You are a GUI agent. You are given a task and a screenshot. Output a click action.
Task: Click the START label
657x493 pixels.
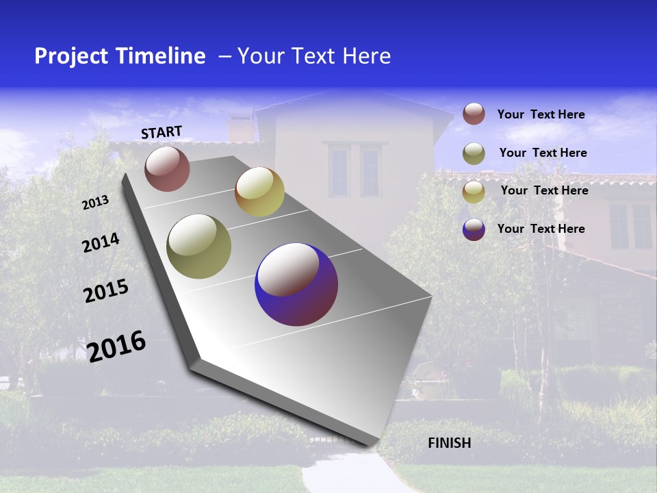pyautogui.click(x=162, y=132)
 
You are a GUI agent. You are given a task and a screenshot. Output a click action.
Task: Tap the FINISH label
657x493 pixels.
pyautogui.click(x=449, y=443)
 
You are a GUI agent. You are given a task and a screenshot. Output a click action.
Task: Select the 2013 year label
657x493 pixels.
pyautogui.click(x=96, y=202)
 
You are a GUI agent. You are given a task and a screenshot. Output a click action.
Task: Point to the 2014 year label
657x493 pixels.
pyautogui.click(x=101, y=242)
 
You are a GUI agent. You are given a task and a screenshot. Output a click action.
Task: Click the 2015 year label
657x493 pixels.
pyautogui.click(x=106, y=291)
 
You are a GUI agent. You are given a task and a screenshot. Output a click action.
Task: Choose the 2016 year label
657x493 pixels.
pyautogui.click(x=116, y=346)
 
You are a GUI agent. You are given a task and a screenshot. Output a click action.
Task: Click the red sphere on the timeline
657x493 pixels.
pyautogui.click(x=167, y=168)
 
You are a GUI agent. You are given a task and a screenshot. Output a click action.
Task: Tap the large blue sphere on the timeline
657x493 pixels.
pyautogui.click(x=296, y=284)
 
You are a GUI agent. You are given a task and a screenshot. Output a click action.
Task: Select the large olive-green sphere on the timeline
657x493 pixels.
pyautogui.click(x=198, y=246)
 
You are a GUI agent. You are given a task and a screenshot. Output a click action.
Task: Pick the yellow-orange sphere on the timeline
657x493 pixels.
pyautogui.click(x=259, y=192)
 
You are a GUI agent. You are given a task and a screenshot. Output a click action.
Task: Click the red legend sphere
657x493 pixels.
pyautogui.click(x=474, y=114)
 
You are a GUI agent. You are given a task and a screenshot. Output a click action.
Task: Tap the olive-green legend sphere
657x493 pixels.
pyautogui.click(x=474, y=153)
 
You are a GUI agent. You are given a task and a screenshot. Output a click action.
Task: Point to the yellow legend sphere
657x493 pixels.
pyautogui.click(x=474, y=192)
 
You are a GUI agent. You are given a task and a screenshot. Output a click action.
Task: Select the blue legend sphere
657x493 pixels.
pyautogui.click(x=474, y=229)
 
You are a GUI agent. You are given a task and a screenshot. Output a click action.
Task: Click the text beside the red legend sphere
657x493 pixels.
pyautogui.click(x=541, y=114)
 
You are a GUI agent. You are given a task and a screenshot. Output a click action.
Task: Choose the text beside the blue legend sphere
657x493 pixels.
pyautogui.click(x=541, y=229)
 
